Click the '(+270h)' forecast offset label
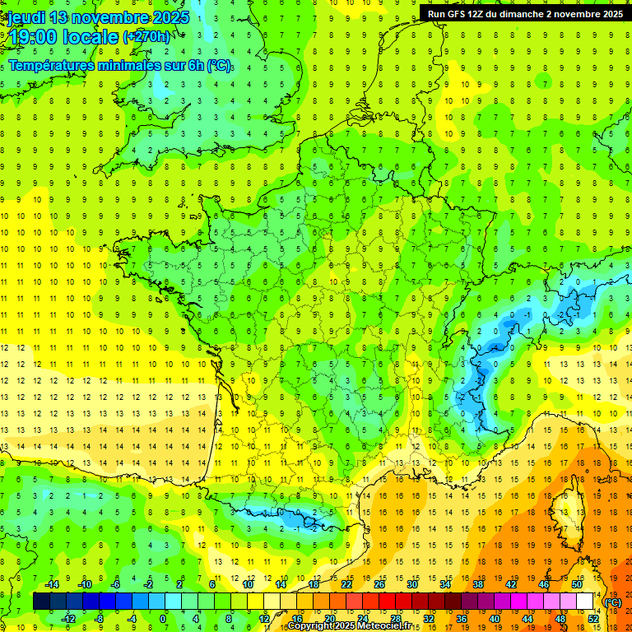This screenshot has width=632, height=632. click(x=146, y=37)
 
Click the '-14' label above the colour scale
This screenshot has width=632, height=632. click(x=53, y=584)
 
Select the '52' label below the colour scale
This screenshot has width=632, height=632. click(x=593, y=618)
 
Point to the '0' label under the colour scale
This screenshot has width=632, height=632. click(x=162, y=618)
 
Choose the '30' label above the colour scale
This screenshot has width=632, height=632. click(x=411, y=584)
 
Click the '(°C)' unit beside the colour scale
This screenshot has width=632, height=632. click(x=613, y=602)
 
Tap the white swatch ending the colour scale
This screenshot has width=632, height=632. click(x=585, y=602)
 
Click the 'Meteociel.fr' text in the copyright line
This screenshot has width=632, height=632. click(x=384, y=626)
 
